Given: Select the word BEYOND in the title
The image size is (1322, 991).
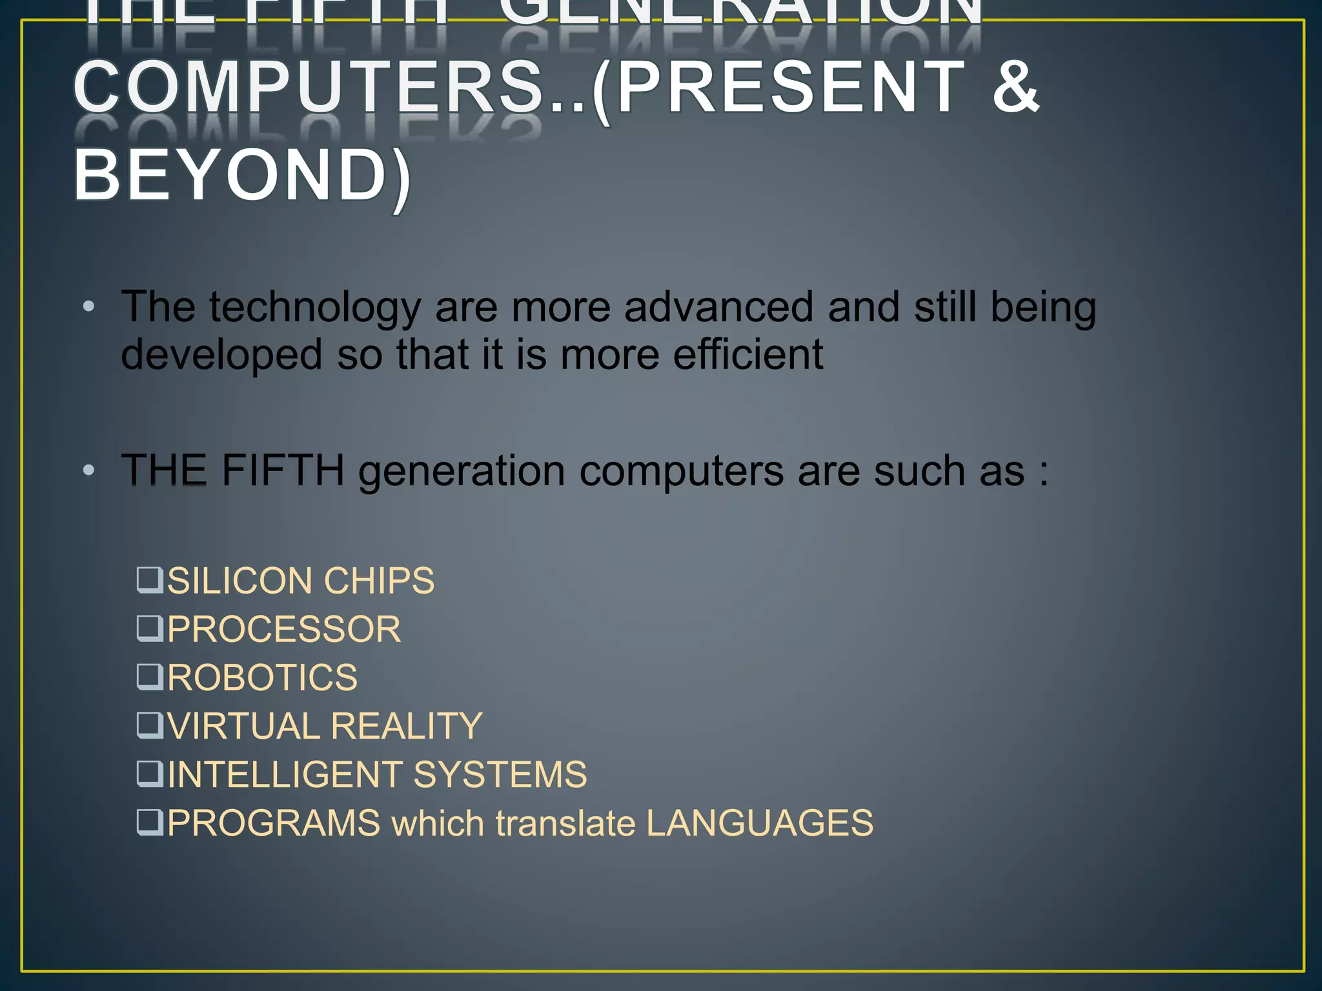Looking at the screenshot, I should (230, 174).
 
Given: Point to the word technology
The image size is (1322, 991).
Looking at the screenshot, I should (314, 308).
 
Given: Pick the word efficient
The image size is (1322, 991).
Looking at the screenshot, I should (748, 355).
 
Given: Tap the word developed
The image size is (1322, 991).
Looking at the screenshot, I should (221, 355).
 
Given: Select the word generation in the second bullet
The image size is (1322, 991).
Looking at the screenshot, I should (462, 472).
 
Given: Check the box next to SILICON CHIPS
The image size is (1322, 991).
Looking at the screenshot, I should (149, 579).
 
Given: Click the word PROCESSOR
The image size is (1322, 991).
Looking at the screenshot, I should (284, 629).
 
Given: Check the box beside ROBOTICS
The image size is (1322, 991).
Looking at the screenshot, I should (149, 676).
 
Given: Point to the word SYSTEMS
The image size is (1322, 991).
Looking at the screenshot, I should (500, 774).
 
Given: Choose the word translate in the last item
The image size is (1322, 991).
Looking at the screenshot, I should (565, 824).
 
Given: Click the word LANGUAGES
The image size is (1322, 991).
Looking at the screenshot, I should (759, 823).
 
